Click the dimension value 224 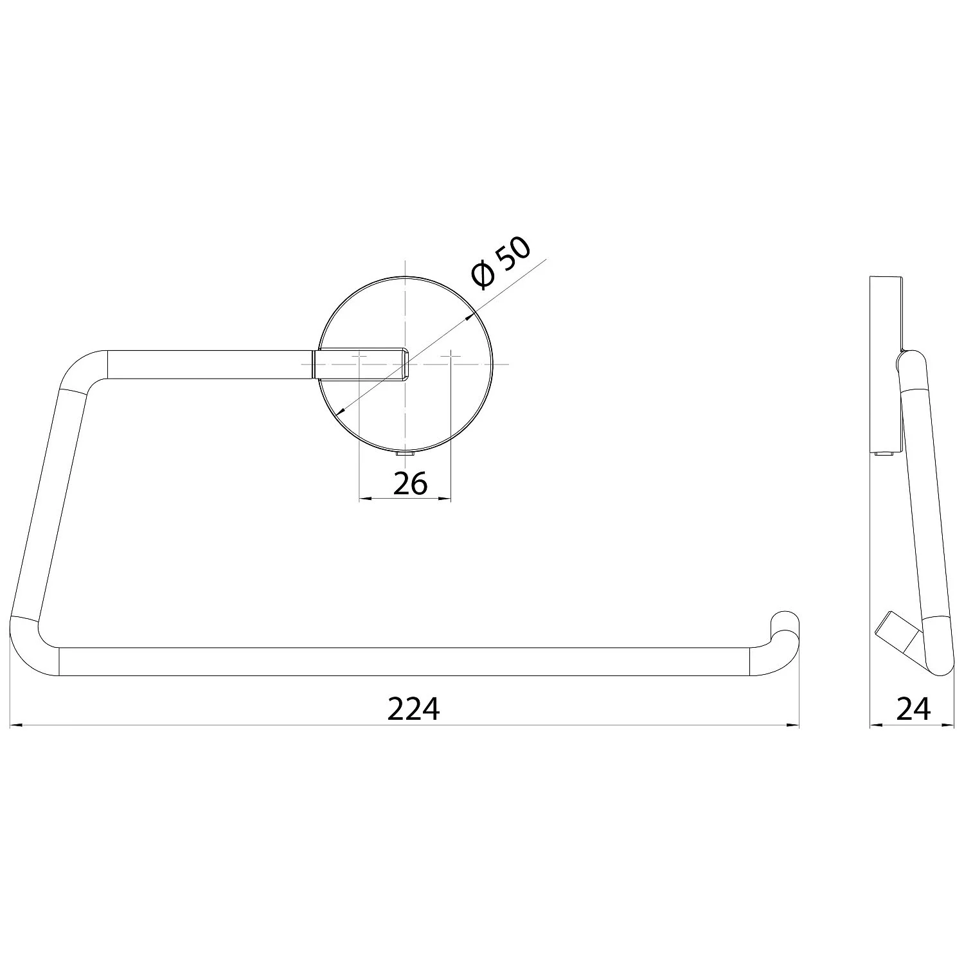413,710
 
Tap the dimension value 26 410,484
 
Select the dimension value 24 913,710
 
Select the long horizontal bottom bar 405,662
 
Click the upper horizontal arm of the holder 211,364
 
